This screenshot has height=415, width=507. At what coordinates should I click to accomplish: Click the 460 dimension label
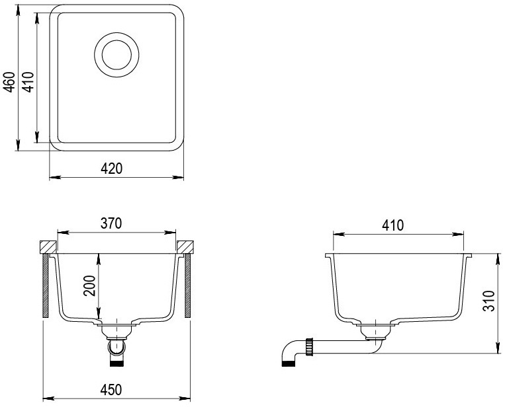click(10, 82)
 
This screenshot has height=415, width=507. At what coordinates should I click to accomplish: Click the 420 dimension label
click(112, 169)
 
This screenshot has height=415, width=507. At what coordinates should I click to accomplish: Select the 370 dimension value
click(111, 223)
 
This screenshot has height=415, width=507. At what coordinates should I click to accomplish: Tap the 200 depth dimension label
click(89, 285)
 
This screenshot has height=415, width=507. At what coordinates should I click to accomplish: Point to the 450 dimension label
click(111, 390)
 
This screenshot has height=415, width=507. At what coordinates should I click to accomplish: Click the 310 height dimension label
click(489, 301)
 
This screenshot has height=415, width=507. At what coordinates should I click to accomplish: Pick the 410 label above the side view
click(393, 225)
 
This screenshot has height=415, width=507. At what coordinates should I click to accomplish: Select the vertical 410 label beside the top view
click(28, 82)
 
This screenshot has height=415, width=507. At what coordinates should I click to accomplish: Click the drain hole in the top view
click(116, 55)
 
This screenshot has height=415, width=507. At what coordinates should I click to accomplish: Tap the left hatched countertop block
click(48, 247)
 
